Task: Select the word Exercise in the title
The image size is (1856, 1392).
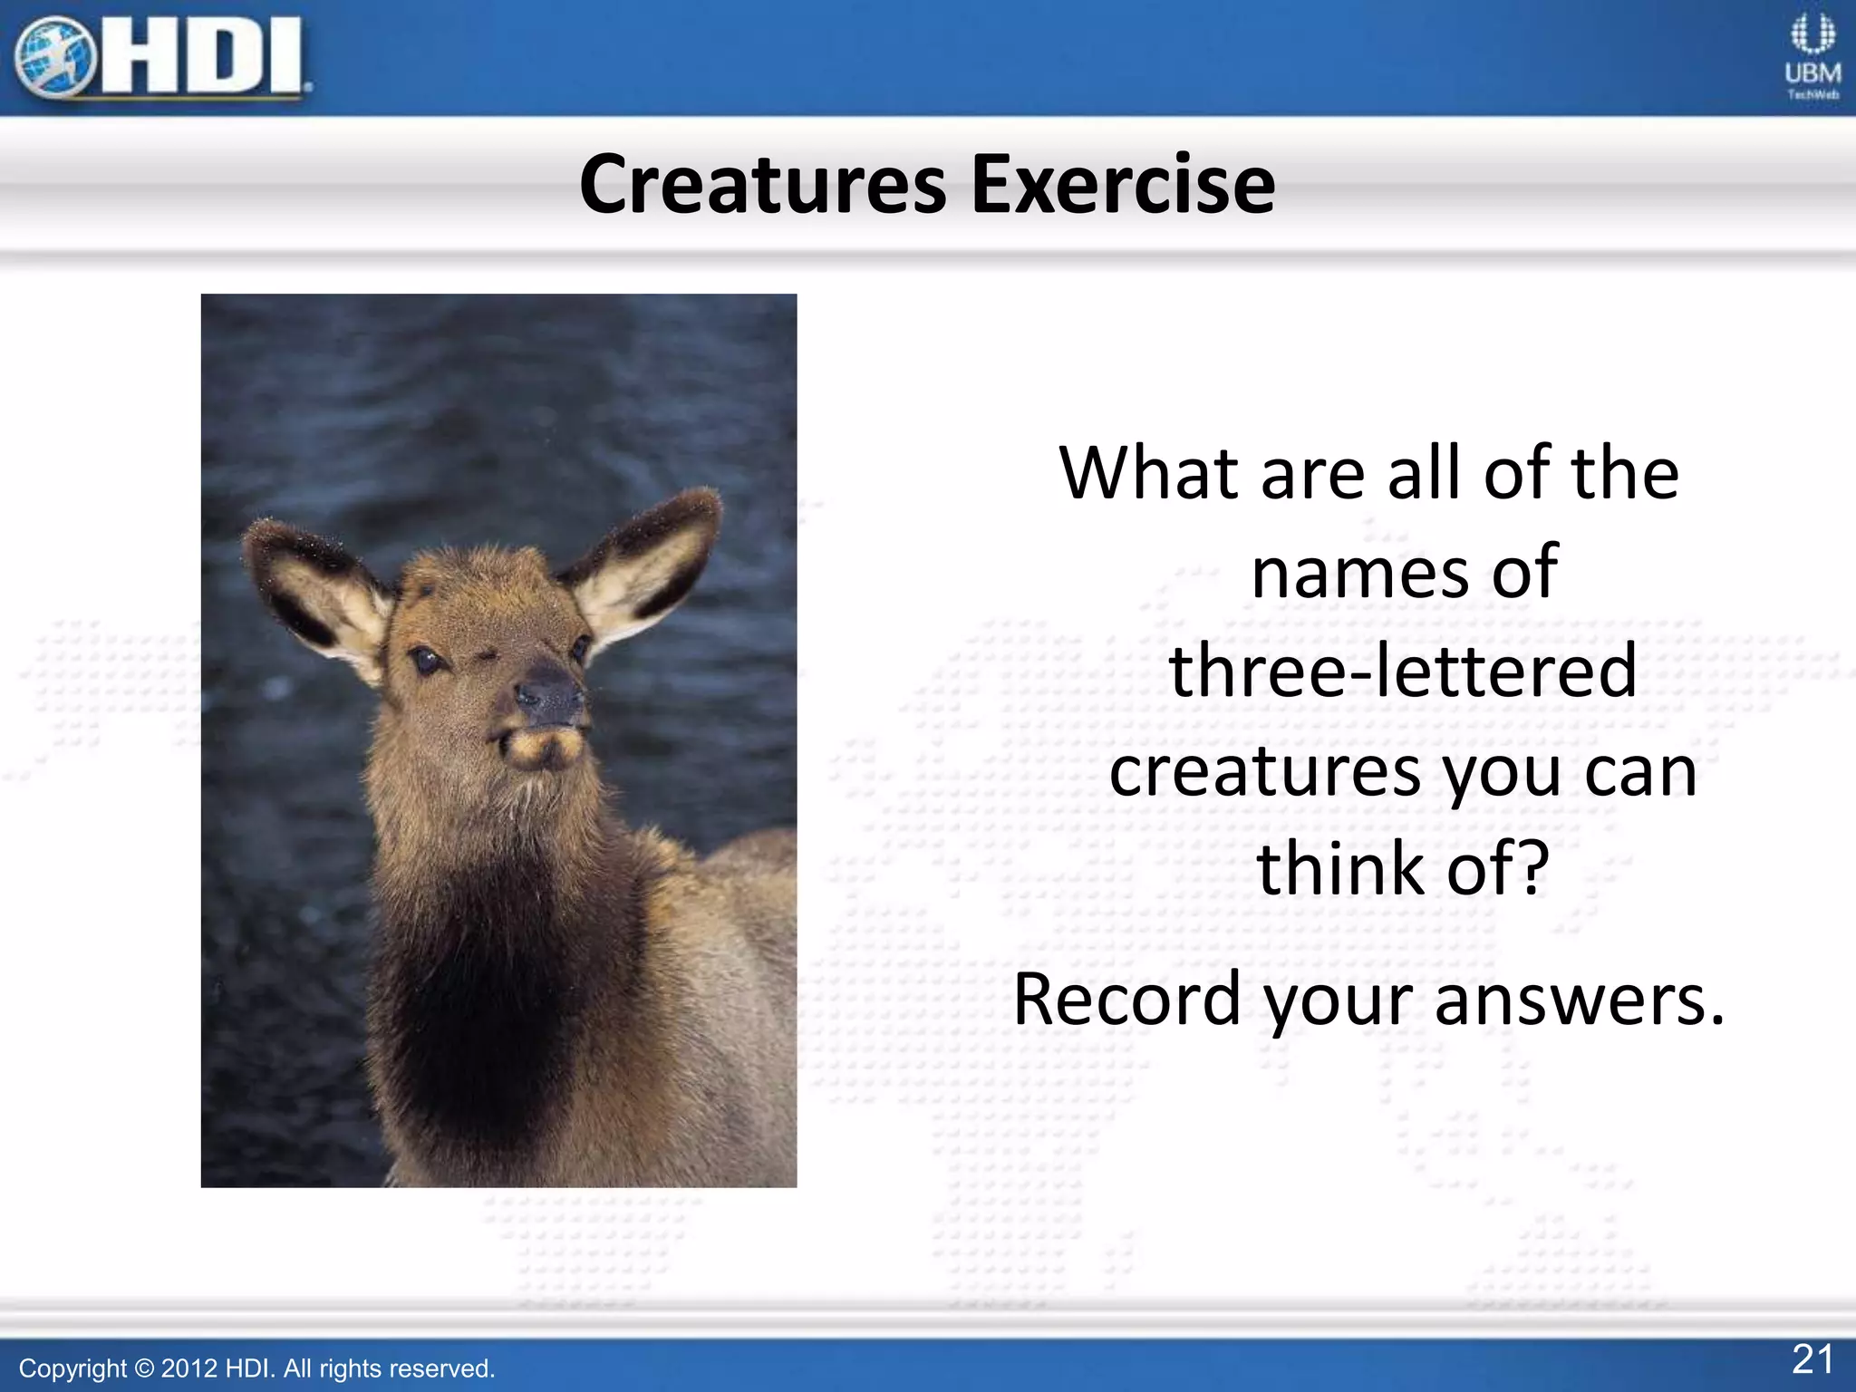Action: (x=1123, y=185)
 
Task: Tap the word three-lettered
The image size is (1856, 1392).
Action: (x=1403, y=671)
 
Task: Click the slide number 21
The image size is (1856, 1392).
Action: (x=1812, y=1359)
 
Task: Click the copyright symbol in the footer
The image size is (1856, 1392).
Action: (x=144, y=1368)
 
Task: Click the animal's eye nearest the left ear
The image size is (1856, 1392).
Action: (x=424, y=660)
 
